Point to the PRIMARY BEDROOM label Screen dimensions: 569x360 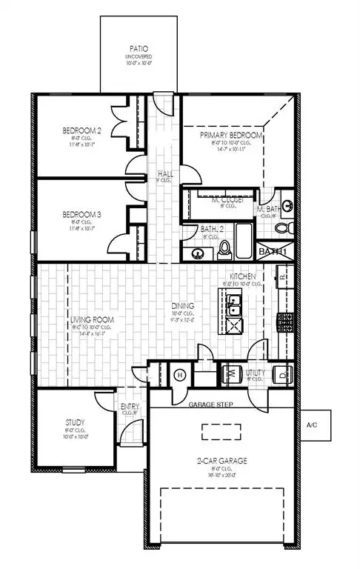pyautogui.click(x=231, y=136)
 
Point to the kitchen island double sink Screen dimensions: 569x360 pyautogui.click(x=234, y=302)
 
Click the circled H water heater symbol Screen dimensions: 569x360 pyautogui.click(x=178, y=374)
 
